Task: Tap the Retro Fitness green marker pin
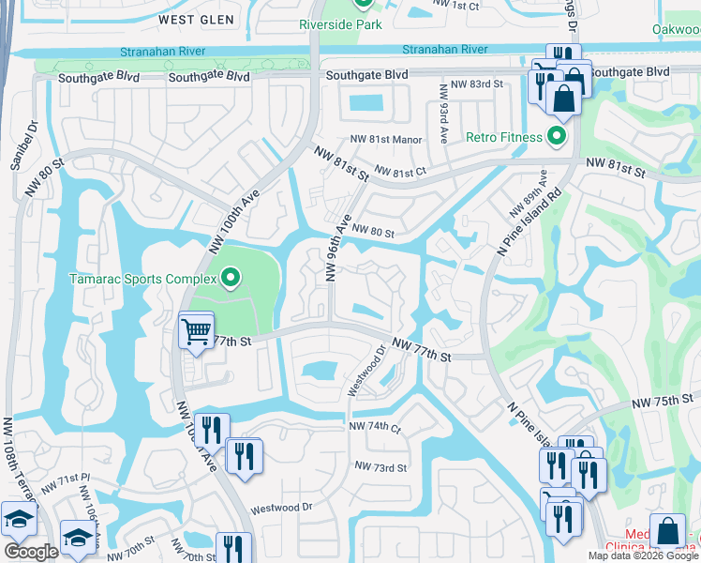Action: point(556,137)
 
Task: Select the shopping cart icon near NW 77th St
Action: point(196,331)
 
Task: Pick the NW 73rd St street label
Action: point(380,467)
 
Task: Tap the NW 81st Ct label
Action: point(400,172)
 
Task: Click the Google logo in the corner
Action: point(31,552)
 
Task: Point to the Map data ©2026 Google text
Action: point(643,555)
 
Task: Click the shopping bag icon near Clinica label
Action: point(667,532)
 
